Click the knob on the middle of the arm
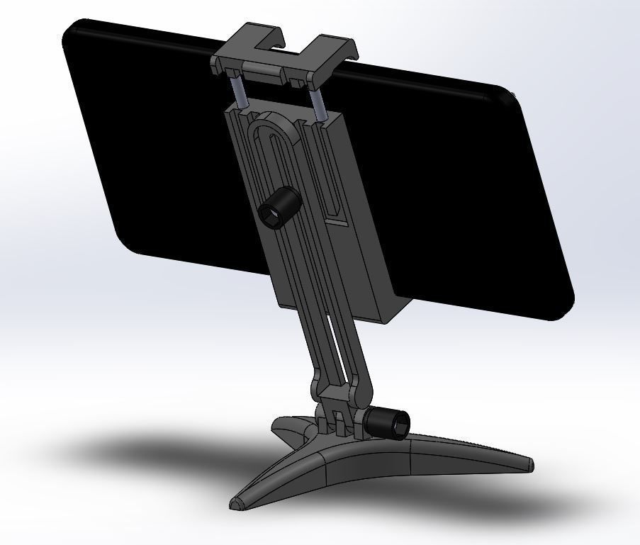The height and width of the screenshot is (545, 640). pos(279,207)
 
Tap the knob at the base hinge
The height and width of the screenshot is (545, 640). pos(387,423)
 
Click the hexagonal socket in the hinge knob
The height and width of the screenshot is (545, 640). pos(397,425)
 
